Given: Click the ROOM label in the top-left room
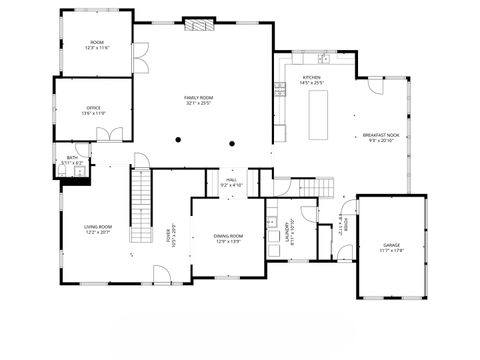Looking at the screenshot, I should (x=96, y=42).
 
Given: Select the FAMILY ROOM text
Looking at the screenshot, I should (x=200, y=97).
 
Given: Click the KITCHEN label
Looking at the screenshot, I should (x=312, y=77).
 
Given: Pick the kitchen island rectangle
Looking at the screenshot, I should (x=322, y=114).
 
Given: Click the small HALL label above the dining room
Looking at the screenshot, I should (x=231, y=180).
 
